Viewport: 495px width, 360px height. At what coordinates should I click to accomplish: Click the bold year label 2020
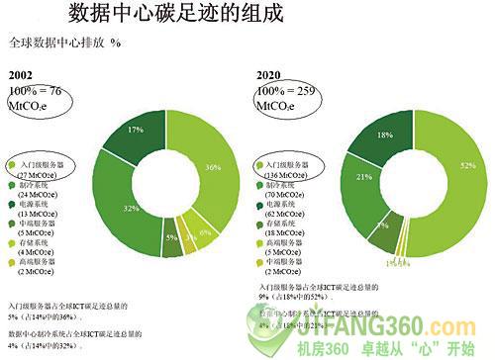click(268, 75)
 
